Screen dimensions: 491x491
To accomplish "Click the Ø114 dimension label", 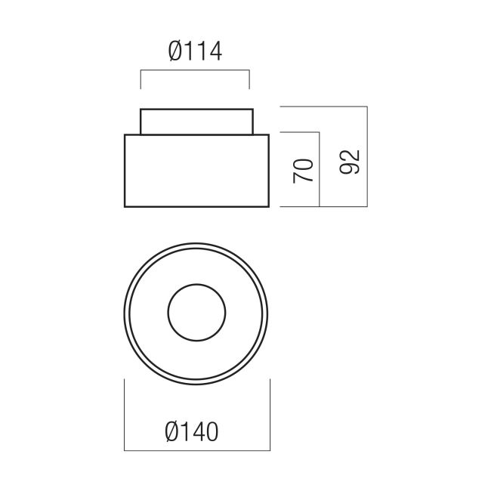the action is (195, 51).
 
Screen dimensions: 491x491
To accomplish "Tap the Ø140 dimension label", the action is (192, 432).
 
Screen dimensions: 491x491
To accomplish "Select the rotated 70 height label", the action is (303, 171).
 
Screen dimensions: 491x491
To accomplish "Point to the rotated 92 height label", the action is (350, 162).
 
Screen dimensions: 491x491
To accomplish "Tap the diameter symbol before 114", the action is (175, 51).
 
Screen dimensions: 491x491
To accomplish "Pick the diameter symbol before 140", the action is (172, 432).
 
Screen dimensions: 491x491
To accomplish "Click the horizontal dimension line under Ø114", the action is (195, 70).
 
